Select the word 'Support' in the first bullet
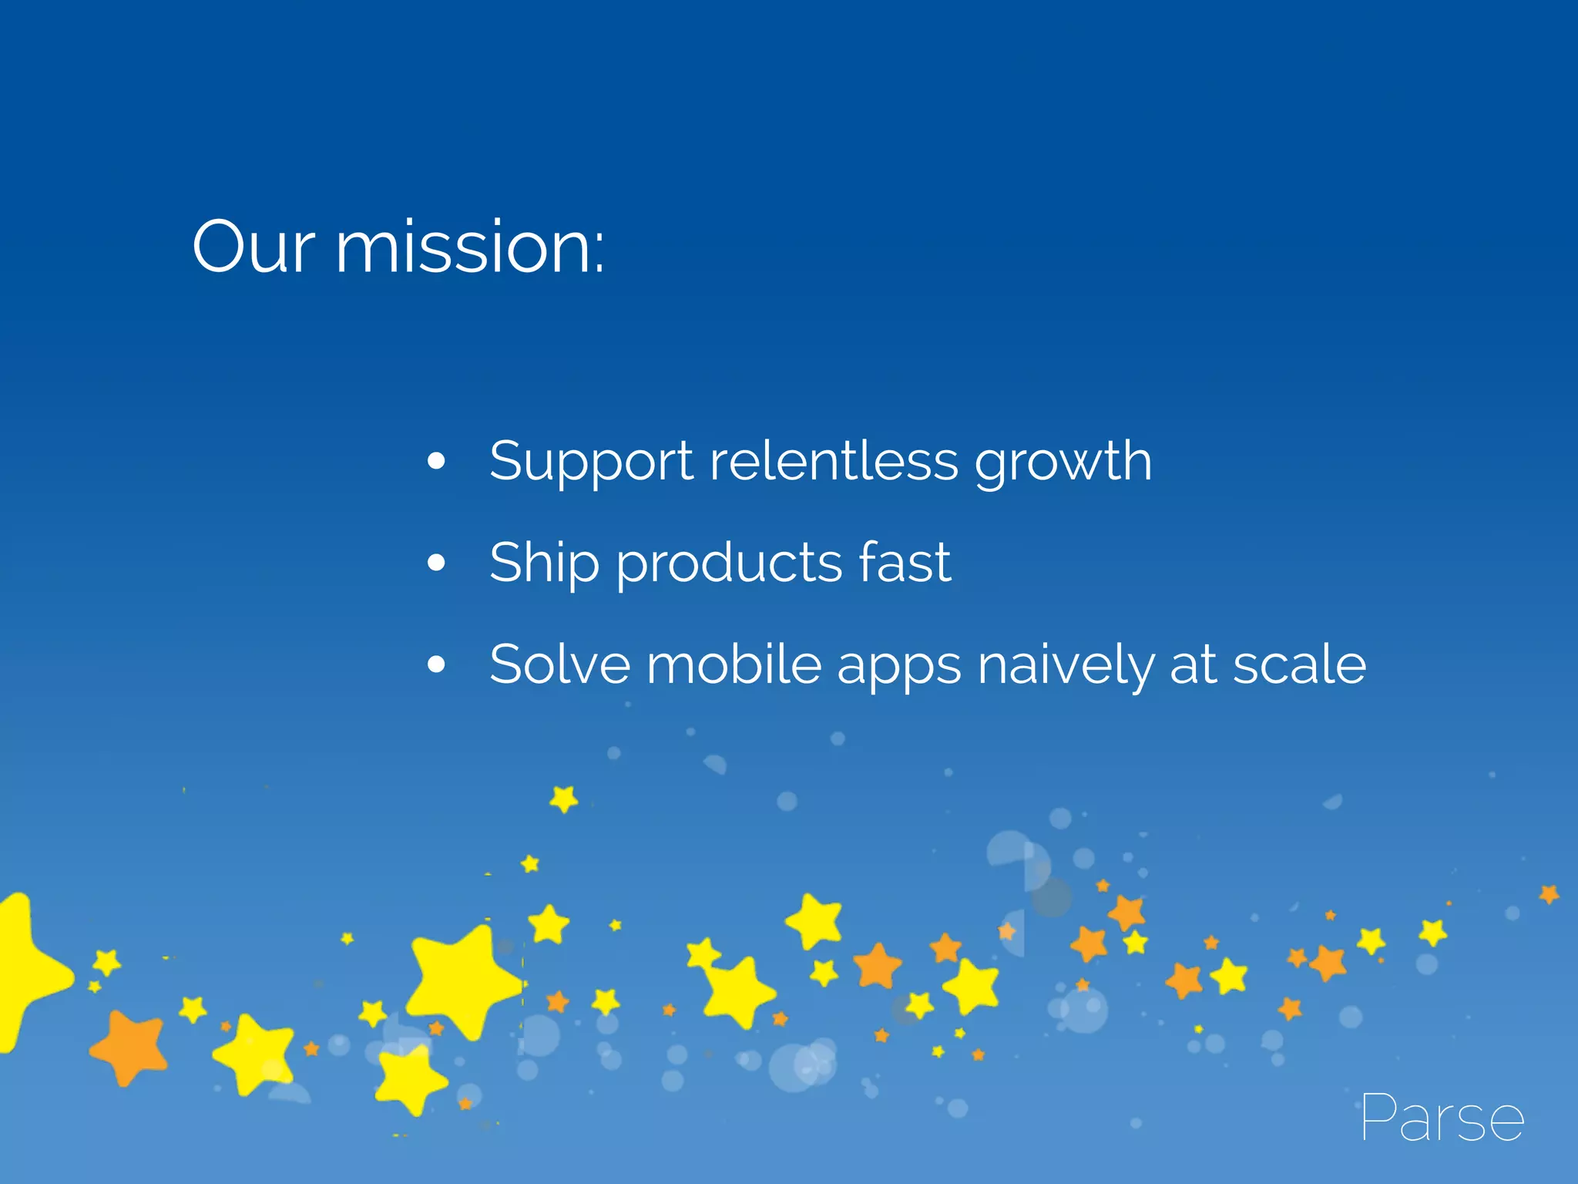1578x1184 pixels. (x=591, y=462)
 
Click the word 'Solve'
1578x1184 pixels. (x=559, y=664)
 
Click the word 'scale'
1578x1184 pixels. (x=1299, y=664)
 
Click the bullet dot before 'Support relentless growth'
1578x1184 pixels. (x=436, y=461)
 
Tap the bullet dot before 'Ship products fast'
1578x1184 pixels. (x=436, y=563)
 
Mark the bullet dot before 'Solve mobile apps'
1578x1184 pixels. (x=436, y=664)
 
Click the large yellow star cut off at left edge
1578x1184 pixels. (x=27, y=971)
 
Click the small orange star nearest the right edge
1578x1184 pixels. (x=1549, y=894)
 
